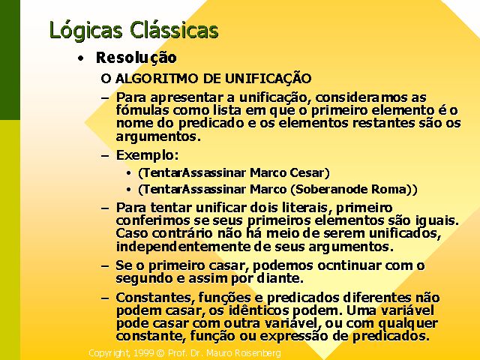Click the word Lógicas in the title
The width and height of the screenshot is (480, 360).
tap(85, 31)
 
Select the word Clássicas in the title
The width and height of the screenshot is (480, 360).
tap(174, 30)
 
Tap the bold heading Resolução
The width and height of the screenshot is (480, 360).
tap(136, 58)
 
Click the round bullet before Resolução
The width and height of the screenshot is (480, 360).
tap(80, 58)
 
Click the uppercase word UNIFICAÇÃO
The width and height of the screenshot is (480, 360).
tap(268, 78)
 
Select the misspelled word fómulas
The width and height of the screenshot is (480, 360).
tap(143, 110)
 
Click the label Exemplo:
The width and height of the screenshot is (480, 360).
tap(147, 156)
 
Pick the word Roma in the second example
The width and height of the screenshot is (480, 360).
tap(388, 189)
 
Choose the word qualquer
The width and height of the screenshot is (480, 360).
tap(408, 324)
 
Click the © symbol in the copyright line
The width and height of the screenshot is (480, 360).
tap(160, 353)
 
